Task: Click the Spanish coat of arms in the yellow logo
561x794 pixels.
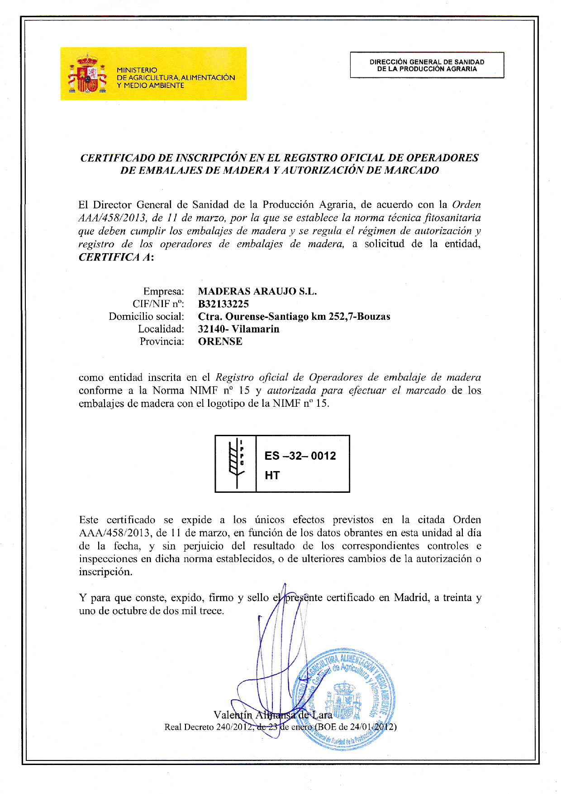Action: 87,74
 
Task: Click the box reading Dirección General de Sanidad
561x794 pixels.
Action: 427,65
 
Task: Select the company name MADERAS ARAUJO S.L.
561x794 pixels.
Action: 257,291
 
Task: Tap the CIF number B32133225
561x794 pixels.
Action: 223,304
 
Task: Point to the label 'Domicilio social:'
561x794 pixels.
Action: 146,316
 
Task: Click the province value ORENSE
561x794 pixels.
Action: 220,342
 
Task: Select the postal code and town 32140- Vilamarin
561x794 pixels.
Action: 238,329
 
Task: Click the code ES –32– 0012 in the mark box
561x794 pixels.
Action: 300,456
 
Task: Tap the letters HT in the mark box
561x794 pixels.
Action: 272,475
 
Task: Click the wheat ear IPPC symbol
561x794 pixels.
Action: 236,463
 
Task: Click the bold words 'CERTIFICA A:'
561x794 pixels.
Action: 116,257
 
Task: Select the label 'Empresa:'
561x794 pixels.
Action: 163,291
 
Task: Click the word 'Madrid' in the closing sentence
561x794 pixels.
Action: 411,597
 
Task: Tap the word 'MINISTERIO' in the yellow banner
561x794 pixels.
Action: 137,70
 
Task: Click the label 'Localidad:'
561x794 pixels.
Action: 161,329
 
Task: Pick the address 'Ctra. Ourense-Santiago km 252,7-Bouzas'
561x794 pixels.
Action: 294,316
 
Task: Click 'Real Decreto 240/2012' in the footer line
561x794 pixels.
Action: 207,727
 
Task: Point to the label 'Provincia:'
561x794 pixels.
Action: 162,342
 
